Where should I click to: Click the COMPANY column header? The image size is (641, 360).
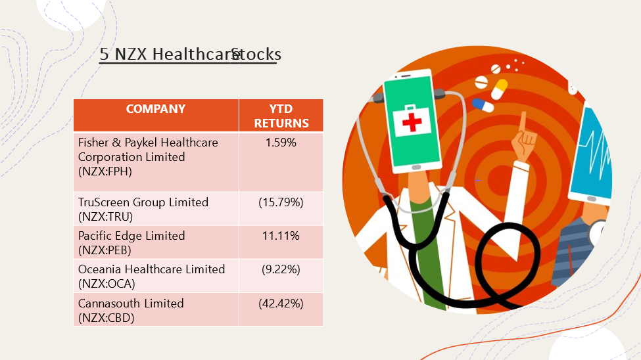(156, 108)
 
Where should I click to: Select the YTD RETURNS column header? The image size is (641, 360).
(281, 116)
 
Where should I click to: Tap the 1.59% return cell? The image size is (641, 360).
(281, 143)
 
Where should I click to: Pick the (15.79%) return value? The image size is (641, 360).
(281, 202)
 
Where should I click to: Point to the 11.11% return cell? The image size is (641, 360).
(281, 236)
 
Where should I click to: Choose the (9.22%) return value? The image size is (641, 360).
(281, 269)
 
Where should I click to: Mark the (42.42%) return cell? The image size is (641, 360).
(281, 304)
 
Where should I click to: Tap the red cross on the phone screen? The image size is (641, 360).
(412, 122)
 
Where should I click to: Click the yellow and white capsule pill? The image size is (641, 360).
(499, 89)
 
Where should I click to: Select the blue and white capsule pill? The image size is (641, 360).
(483, 104)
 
